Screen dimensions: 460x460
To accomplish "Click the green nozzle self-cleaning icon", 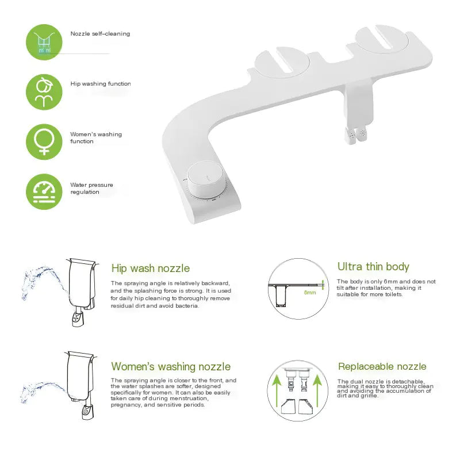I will coord(44,42).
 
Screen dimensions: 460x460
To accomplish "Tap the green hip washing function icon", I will coord(44,91).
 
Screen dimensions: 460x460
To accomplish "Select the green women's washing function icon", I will coord(44,141).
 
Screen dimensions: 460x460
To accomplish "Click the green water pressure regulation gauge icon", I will coord(44,191).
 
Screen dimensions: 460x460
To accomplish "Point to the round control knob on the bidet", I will coord(206,179).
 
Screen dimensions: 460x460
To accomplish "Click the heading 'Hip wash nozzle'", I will coord(150,269).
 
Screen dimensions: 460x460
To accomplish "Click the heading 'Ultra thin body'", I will coord(373,267).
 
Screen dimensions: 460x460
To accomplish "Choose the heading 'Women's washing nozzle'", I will coord(171,367).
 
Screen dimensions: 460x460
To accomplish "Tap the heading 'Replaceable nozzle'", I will coord(382,367).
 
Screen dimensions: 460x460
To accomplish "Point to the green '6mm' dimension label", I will coord(310,293).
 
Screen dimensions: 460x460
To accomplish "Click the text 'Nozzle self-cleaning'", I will coord(100,34).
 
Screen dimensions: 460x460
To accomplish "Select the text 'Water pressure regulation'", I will coord(91,189).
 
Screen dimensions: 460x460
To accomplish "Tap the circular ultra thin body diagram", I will coord(297,288).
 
